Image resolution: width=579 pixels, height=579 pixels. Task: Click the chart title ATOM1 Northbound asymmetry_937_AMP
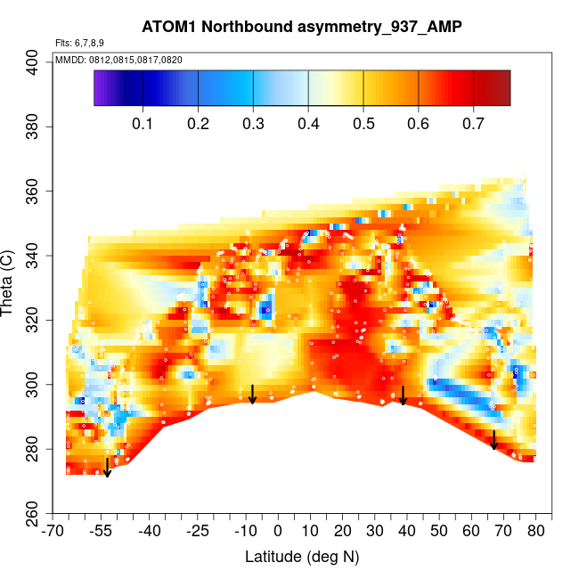[x=301, y=28]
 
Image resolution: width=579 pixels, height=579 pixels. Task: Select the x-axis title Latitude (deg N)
[x=301, y=557]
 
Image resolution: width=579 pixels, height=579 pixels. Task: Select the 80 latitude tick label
[x=536, y=532]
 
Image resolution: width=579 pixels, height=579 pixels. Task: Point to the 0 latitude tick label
[x=278, y=532]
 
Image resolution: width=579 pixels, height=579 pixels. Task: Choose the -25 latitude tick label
[x=198, y=532]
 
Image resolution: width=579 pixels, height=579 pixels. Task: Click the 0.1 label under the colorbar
[x=143, y=122]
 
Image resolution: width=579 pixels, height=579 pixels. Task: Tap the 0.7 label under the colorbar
[x=473, y=122]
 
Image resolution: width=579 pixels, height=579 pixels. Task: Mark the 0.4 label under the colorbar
[x=308, y=122]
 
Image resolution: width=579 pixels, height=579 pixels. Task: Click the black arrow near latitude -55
[x=107, y=468]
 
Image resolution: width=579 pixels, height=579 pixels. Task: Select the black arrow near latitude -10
[x=253, y=395]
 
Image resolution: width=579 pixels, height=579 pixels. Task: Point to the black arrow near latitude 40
[x=404, y=396]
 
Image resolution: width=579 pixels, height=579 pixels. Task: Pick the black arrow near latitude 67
[x=494, y=440]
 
